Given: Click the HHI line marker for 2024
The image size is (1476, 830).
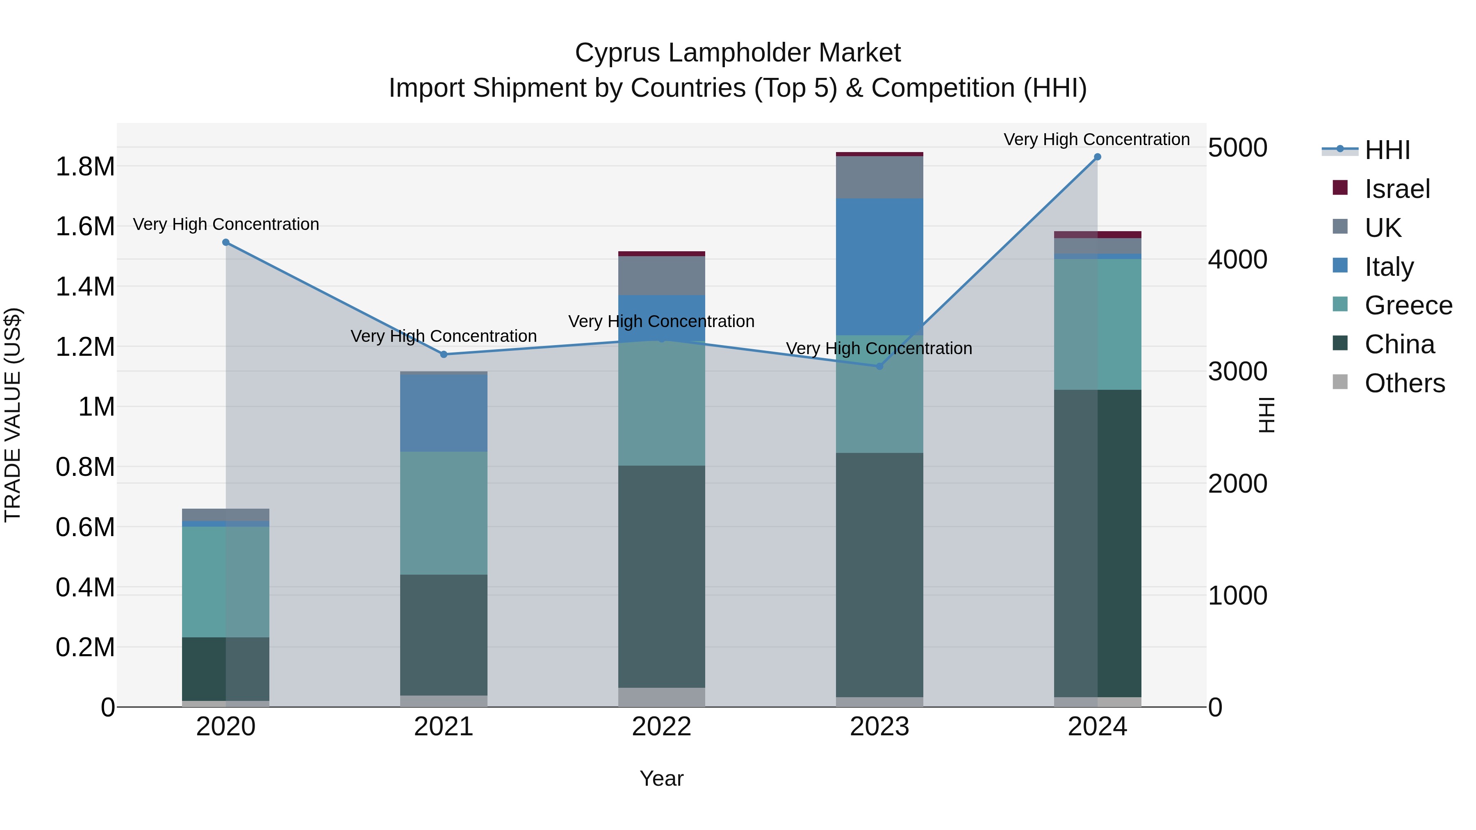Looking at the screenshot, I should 1097,157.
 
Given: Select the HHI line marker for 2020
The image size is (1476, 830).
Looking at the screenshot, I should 226,242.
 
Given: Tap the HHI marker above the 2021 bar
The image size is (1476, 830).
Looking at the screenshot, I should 444,355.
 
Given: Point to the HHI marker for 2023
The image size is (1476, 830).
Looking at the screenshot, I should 879,366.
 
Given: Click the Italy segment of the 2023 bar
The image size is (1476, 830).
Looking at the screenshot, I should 879,266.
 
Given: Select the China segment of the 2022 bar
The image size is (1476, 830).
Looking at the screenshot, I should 662,576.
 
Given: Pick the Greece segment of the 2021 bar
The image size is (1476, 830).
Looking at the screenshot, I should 444,513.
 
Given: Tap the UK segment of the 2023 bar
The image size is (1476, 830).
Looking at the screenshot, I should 879,177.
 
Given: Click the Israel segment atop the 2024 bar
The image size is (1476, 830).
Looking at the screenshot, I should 1097,235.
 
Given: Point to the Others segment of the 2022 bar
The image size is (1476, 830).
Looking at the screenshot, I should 662,697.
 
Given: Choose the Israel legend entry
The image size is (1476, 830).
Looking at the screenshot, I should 1396,189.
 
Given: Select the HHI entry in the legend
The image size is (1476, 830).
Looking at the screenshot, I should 1387,150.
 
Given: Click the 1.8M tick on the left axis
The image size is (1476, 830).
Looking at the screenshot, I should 85,167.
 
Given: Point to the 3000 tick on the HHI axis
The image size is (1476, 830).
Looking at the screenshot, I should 1238,372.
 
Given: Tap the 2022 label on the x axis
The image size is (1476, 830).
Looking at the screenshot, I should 662,727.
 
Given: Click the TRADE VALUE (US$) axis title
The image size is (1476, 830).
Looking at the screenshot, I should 13,415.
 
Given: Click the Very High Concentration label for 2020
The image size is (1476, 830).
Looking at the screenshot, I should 226,224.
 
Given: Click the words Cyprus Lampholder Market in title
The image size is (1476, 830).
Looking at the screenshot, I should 738,53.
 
